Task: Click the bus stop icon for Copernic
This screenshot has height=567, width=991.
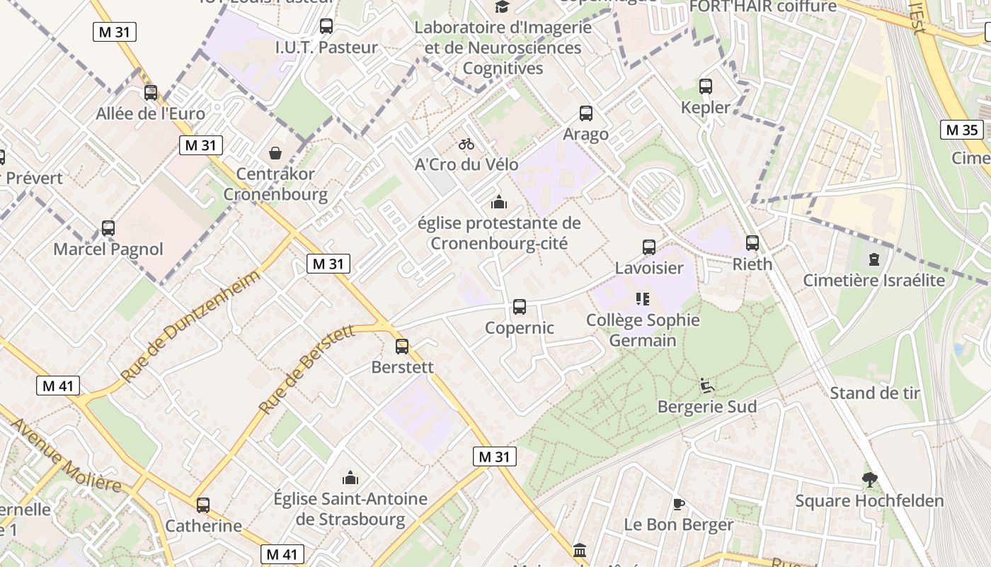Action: click(519, 307)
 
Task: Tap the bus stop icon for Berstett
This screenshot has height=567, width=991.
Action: click(402, 347)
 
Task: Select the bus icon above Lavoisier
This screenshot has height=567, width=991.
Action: click(649, 247)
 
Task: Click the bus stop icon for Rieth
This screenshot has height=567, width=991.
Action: click(752, 243)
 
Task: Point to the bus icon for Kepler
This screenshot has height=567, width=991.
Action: click(705, 86)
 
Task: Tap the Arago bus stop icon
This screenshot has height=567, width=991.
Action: click(585, 113)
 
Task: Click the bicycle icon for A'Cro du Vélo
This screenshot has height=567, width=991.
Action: click(466, 144)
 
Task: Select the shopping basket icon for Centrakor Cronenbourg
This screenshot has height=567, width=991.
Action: click(275, 153)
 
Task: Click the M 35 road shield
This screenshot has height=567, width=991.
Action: click(962, 130)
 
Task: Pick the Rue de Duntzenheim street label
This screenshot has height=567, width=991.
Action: click(190, 327)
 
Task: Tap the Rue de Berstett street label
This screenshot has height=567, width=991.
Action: click(307, 369)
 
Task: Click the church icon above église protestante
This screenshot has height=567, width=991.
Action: click(499, 203)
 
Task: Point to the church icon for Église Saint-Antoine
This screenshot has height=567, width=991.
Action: click(350, 478)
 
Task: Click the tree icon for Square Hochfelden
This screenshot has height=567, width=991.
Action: click(869, 480)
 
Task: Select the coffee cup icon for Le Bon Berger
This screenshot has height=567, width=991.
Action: click(678, 504)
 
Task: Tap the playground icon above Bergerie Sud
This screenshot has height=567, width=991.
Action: click(707, 386)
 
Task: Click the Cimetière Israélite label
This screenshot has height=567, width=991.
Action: click(873, 280)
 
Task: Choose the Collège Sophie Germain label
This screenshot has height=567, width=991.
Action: click(643, 330)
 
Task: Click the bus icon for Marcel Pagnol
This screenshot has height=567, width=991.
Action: click(108, 228)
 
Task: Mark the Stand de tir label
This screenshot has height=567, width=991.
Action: click(874, 393)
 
